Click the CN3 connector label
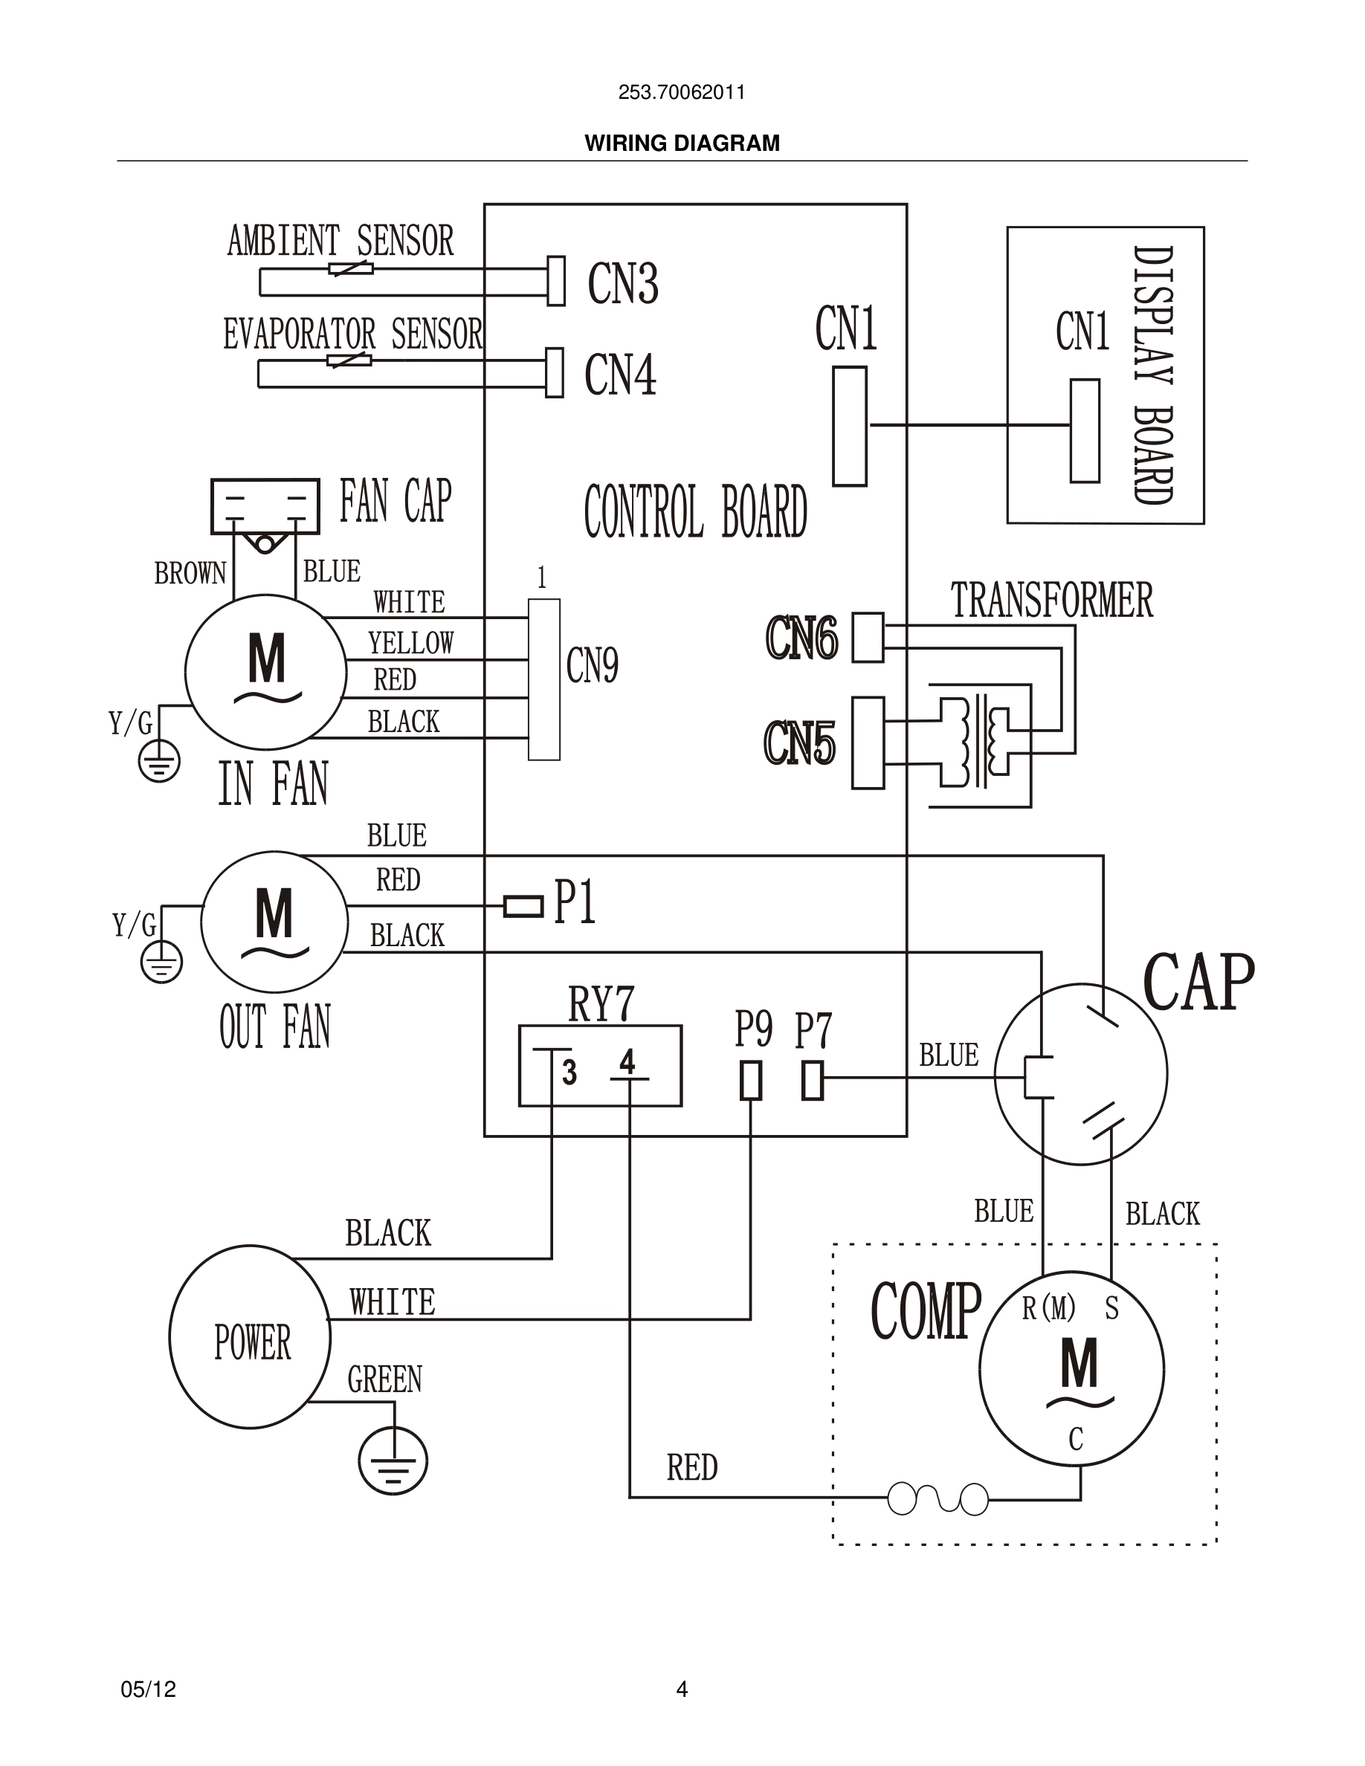coord(623,284)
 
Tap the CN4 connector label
coord(620,375)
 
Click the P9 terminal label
coord(753,1029)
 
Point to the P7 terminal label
coord(813,1031)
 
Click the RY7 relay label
coord(601,1004)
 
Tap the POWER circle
coord(251,1342)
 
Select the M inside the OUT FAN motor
coord(274,913)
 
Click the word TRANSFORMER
coord(1051,601)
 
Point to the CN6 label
coord(801,638)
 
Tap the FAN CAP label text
coord(395,502)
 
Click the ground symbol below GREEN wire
coord(393,1461)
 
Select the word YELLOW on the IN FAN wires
coord(411,644)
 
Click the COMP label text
coord(925,1311)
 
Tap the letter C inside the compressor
coord(1076,1439)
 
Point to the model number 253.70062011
coord(682,92)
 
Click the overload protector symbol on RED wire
coord(938,1498)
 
